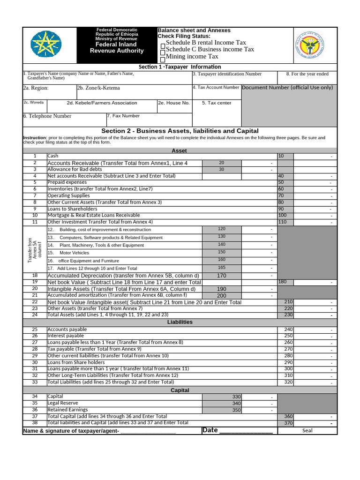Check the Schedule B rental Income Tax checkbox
pos(163,45)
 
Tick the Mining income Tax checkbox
pos(163,60)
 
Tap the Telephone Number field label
pos(47,116)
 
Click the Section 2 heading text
pos(180,131)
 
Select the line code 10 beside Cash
pos(281,156)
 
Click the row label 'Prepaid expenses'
pos(67,182)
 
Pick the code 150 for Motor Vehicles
pos(222,252)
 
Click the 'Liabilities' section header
pos(180,322)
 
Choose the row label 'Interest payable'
pos(66,336)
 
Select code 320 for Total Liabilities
pos(288,382)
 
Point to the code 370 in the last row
pos(288,423)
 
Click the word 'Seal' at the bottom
pos(307,430)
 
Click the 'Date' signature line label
pos(210,430)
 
